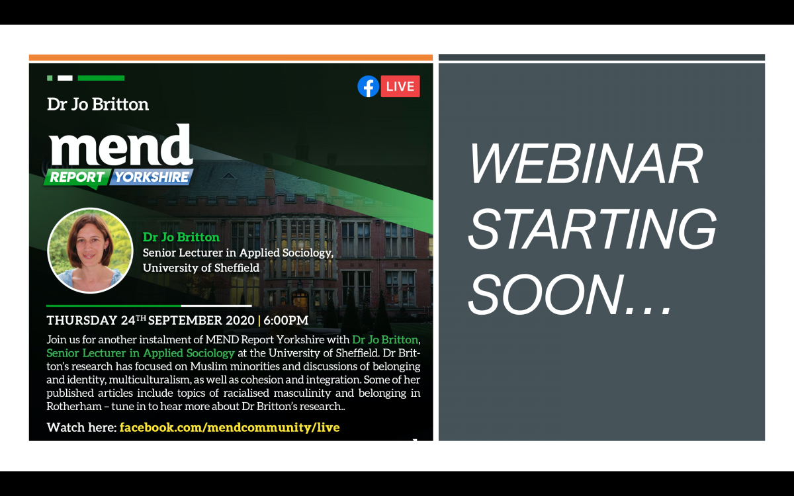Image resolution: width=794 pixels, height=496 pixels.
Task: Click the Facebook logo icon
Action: click(x=368, y=87)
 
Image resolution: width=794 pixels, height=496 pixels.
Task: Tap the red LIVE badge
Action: click(x=400, y=87)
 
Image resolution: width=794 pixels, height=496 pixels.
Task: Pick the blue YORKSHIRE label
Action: click(x=152, y=177)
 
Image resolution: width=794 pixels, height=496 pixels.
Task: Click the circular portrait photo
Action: click(x=90, y=251)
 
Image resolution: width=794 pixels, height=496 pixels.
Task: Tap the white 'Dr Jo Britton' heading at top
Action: click(x=98, y=104)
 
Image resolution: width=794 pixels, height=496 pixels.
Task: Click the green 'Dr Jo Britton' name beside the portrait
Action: click(x=181, y=237)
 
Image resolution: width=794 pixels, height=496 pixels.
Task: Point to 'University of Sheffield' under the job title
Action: click(x=201, y=268)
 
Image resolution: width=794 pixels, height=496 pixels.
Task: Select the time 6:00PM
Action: click(x=286, y=321)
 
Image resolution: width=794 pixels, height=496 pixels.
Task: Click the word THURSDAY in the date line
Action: click(x=82, y=321)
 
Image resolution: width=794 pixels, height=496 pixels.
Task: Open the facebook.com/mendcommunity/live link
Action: click(x=230, y=427)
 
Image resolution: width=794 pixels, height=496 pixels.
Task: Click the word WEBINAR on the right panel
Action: click(x=586, y=165)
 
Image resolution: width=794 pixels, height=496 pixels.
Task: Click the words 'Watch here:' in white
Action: click(x=81, y=427)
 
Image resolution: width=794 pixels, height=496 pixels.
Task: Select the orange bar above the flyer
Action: click(x=231, y=58)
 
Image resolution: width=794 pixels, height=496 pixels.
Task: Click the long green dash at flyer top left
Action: click(x=101, y=78)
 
